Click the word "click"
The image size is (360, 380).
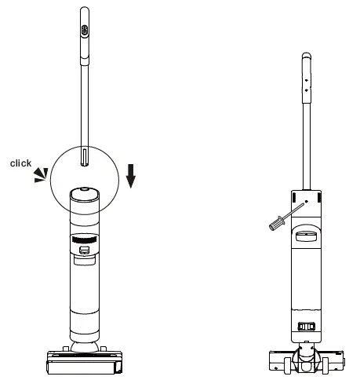20,163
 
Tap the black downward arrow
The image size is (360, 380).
131,177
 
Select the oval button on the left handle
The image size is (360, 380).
83,29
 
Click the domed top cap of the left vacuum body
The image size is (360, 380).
83,192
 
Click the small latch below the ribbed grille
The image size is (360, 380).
84,251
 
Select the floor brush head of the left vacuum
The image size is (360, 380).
85,362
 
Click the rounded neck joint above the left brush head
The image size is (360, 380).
84,344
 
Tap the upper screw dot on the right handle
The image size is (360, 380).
307,79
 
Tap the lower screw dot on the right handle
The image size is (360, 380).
307,90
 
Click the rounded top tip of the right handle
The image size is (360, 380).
307,57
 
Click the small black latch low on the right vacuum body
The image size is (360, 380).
307,326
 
